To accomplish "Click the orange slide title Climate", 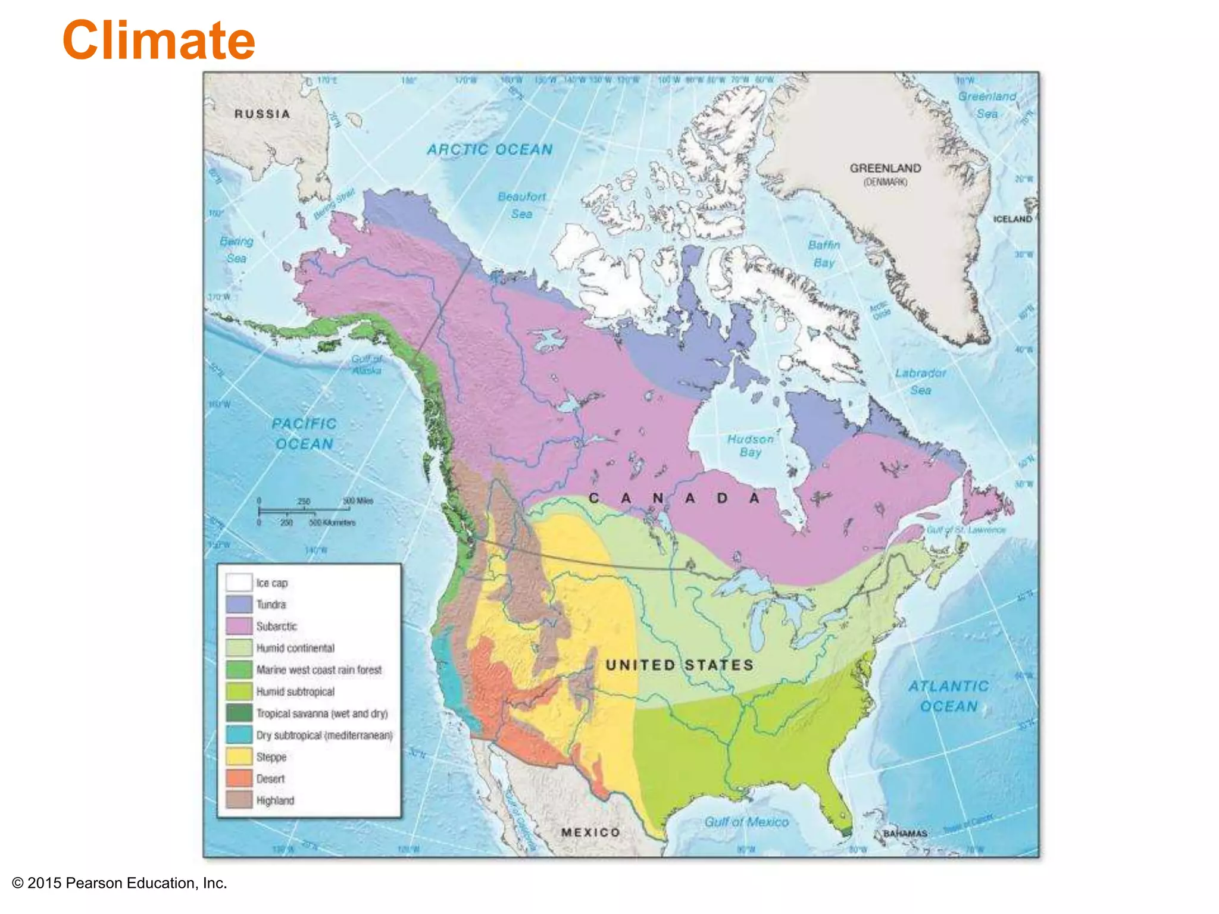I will click(x=158, y=40).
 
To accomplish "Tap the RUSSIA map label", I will click(x=262, y=114).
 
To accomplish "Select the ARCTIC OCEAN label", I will click(x=489, y=149).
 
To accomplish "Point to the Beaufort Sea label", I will click(x=521, y=205).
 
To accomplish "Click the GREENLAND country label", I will click(x=885, y=168).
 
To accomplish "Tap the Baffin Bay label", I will click(x=824, y=253).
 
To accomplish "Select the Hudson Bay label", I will click(x=750, y=445).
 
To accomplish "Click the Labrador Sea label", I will click(x=920, y=381).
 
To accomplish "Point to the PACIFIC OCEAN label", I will click(x=304, y=434).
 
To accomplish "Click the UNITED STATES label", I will click(x=680, y=665).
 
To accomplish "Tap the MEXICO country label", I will click(x=590, y=832).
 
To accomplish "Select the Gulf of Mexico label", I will click(x=746, y=822).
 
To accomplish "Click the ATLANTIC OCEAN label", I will click(x=948, y=696).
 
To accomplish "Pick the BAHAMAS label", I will click(x=905, y=833).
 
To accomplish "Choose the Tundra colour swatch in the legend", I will click(x=239, y=605).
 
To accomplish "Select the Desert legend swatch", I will click(x=239, y=778).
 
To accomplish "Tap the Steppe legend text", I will click(x=271, y=757).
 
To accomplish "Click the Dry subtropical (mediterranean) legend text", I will click(x=324, y=735).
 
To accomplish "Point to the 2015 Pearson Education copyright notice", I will click(x=120, y=883).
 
